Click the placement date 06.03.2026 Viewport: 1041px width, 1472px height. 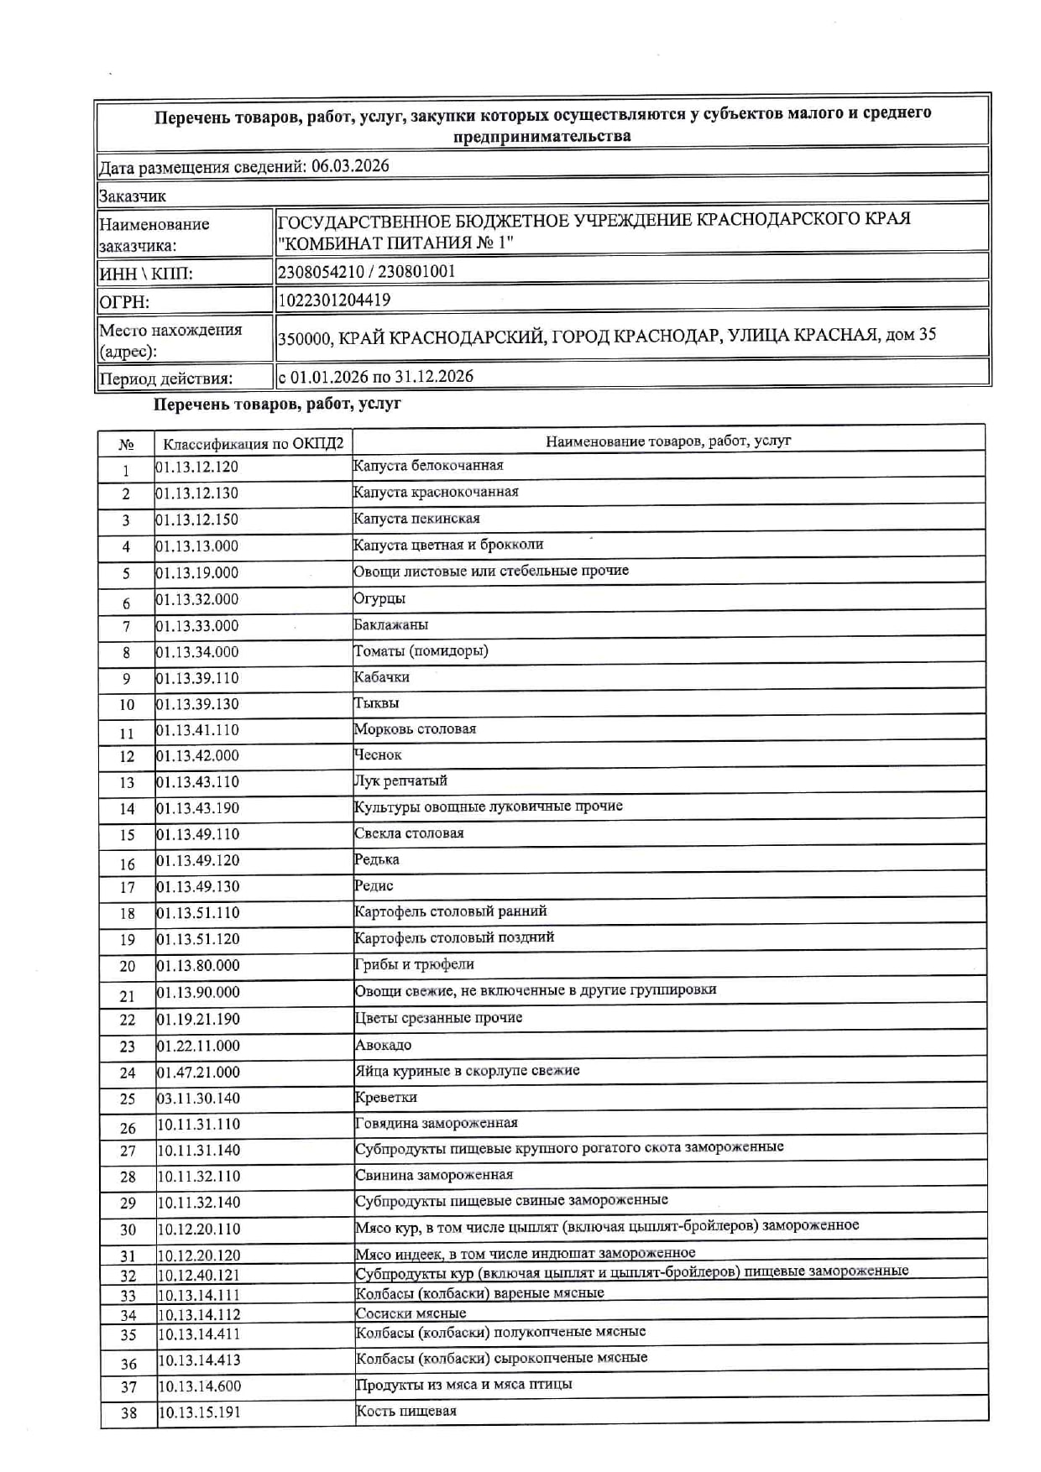point(350,166)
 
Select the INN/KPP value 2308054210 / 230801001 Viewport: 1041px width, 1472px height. point(366,272)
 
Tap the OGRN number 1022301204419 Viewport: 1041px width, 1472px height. point(334,300)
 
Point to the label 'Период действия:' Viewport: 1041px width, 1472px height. point(166,378)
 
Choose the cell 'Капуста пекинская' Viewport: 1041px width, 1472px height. point(416,519)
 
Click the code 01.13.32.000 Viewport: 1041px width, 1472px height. point(197,599)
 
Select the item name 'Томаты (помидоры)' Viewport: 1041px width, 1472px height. point(421,651)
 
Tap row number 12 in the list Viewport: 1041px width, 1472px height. point(127,757)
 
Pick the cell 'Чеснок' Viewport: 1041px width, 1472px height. point(378,755)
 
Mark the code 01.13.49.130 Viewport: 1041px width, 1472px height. point(198,887)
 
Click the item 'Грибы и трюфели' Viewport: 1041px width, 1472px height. point(415,965)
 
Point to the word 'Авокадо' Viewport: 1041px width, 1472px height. point(383,1046)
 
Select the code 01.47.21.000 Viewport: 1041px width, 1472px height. point(198,1073)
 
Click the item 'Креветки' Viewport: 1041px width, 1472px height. point(385,1098)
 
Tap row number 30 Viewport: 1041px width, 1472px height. point(128,1230)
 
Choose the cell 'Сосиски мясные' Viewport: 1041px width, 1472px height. point(411,1313)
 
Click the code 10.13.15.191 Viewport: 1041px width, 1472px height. point(199,1412)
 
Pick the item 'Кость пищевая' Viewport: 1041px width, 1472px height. point(406,1412)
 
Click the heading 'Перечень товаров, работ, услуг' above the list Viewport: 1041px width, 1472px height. point(277,405)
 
